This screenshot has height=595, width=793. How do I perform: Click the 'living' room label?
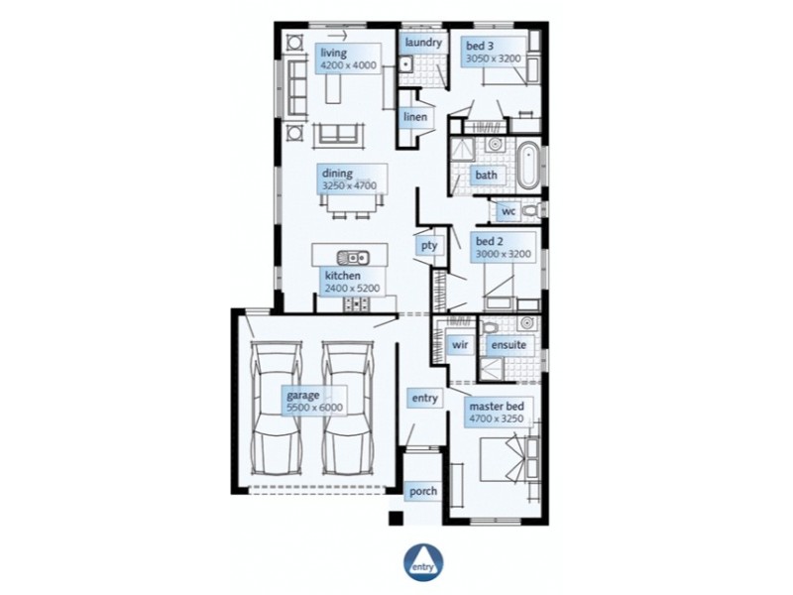[x=334, y=53]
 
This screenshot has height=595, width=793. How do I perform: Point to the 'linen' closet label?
[x=415, y=117]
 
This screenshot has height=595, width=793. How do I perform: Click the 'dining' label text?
[x=337, y=173]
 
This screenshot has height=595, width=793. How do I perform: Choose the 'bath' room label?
[x=486, y=176]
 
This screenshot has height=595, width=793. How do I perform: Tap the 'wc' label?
[x=508, y=211]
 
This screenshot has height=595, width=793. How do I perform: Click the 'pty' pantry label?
[x=428, y=245]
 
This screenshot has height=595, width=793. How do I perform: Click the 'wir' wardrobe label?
[x=459, y=345]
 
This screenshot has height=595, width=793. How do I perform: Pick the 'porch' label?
[x=422, y=491]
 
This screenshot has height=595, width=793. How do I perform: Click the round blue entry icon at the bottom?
[x=423, y=562]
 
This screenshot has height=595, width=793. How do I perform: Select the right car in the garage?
[x=346, y=410]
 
